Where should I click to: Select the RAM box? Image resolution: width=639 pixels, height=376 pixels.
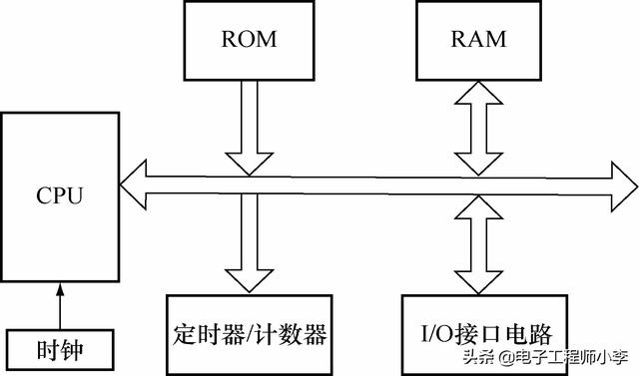(477, 40)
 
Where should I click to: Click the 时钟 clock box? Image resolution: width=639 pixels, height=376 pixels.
(59, 350)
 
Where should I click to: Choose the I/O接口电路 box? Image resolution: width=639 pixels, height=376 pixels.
(477, 332)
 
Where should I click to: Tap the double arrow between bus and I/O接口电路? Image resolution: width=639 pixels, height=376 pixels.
(477, 244)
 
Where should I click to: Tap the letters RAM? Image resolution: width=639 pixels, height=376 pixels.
(477, 40)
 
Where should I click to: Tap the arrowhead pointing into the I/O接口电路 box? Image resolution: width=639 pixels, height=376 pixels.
(477, 280)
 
